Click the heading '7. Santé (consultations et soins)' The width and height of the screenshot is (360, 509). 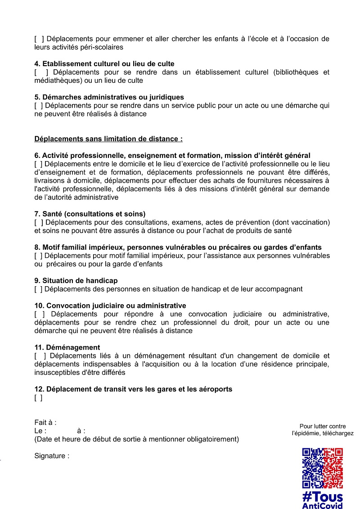[90, 214]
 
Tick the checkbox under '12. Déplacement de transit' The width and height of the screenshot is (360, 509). [38, 398]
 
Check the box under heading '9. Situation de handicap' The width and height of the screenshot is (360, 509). [38, 289]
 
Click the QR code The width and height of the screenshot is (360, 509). [322, 468]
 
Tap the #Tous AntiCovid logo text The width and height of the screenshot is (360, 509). [322, 500]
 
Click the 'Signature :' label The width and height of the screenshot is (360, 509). [52, 456]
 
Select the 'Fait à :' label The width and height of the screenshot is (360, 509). [45, 423]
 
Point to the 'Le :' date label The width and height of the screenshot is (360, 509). [40, 431]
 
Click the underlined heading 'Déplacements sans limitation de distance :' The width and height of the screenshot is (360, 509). [108, 139]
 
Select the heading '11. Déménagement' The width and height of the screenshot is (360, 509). [67, 347]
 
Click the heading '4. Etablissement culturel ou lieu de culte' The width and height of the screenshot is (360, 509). [104, 64]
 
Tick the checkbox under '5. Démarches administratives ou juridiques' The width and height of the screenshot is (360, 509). [38, 106]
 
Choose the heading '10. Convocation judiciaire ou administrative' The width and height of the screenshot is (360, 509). [110, 306]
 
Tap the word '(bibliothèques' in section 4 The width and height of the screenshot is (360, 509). [294, 72]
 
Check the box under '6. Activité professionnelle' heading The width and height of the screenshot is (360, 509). [38, 164]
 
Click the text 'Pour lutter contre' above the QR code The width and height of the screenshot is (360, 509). [323, 426]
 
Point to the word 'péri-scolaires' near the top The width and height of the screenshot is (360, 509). [102, 47]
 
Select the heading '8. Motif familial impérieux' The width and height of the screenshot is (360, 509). [178, 247]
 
